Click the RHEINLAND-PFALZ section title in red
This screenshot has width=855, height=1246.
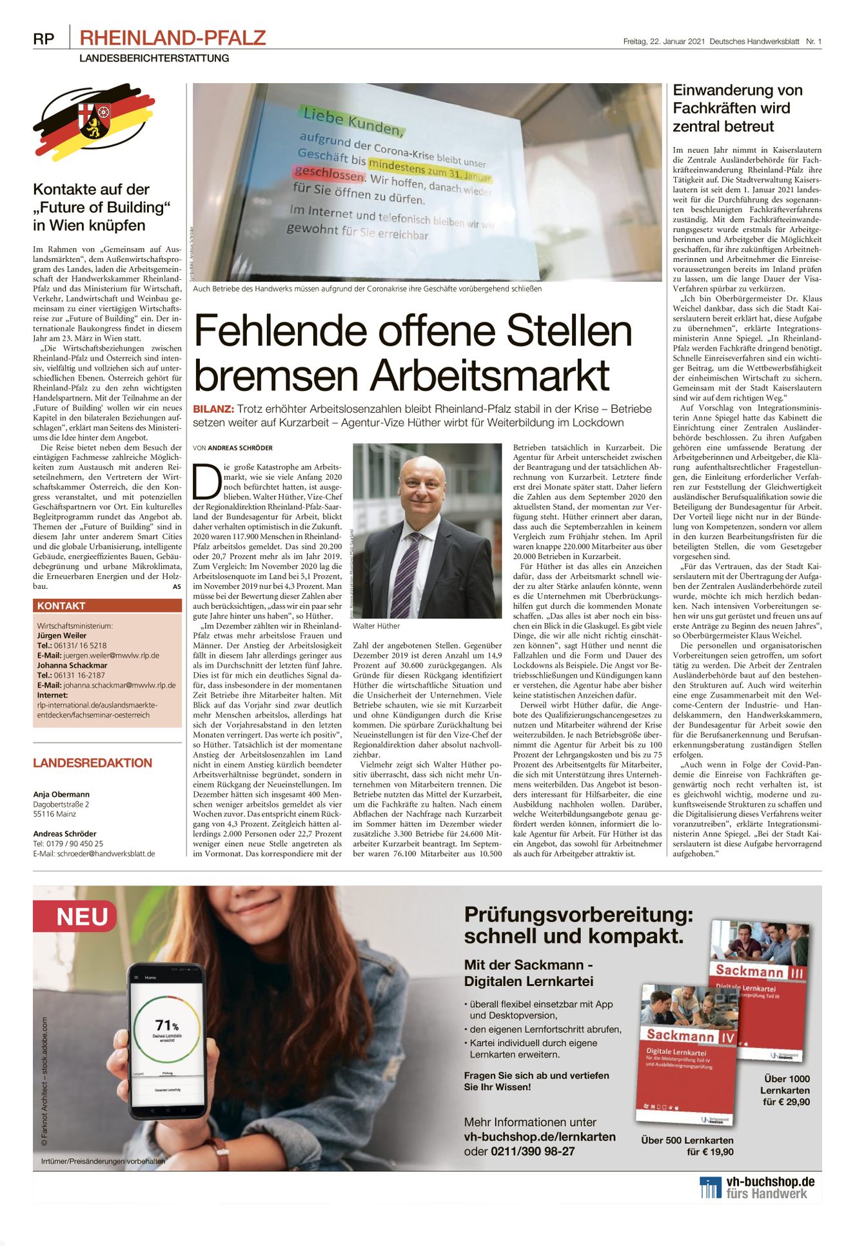(x=172, y=38)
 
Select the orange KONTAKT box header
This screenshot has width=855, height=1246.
(x=107, y=606)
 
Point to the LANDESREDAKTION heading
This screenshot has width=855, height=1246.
(x=92, y=763)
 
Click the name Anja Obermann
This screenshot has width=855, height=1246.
(x=61, y=795)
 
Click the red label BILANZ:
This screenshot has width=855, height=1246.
(x=213, y=409)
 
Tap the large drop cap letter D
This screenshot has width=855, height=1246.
(x=207, y=480)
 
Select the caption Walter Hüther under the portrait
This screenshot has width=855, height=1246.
(x=376, y=626)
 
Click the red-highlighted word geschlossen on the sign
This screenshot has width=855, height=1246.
(x=329, y=174)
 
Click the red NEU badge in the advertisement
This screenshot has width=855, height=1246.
(x=81, y=916)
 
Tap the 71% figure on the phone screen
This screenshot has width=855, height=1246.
(x=166, y=1025)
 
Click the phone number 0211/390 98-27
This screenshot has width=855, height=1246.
(x=533, y=1151)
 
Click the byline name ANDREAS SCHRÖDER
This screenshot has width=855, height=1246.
(x=240, y=448)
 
